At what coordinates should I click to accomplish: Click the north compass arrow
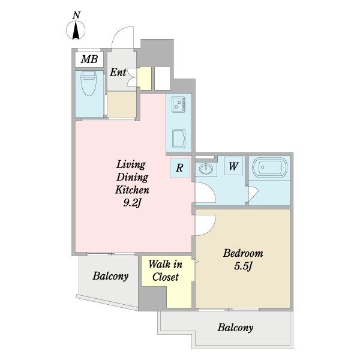pos(76,31)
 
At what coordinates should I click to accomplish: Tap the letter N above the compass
pos(76,16)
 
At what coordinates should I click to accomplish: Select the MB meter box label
pos(89,59)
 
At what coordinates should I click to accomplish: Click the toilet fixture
pos(88,83)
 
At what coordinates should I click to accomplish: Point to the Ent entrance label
pos(118,73)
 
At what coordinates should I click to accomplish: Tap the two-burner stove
pos(179,104)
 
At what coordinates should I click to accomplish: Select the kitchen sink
pos(179,138)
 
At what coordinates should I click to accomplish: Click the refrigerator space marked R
pos(180,168)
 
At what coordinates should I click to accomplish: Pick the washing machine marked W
pos(233,166)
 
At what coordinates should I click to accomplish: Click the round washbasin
pos(206,169)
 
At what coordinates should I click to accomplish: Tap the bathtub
pos(269,167)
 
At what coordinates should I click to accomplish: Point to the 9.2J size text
pos(132,203)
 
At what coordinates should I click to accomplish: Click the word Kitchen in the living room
pos(132,190)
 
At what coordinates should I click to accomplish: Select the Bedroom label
pos(243,253)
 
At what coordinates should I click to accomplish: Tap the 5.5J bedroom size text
pos(243,266)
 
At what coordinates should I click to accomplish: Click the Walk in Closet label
pos(166,271)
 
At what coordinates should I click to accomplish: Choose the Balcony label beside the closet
pos(110,276)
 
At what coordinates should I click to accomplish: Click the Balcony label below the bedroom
pos(235,328)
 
